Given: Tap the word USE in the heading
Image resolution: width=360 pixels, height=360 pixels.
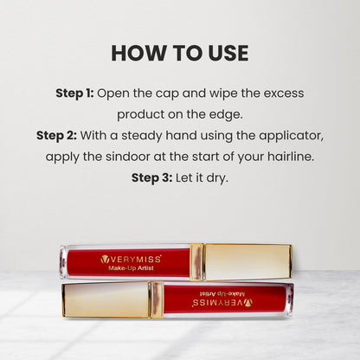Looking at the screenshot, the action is pos(228,53).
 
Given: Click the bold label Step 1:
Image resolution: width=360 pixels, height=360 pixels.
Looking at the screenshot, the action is pos(74,93).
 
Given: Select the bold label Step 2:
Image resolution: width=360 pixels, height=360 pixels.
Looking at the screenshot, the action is pos(56,136).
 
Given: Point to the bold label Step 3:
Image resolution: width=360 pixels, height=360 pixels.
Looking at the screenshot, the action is pos(152,177).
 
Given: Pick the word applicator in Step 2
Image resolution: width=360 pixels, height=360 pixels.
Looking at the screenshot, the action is pos(291,136).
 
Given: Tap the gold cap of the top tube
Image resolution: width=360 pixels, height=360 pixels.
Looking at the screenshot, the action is pos(247,262).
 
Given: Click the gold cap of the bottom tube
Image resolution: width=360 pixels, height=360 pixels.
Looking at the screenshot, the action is pos(106,300).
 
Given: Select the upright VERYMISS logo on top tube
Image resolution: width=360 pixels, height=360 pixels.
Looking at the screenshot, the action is pos(131,260).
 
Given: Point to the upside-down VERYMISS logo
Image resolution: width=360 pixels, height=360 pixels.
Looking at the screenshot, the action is pos(222,303).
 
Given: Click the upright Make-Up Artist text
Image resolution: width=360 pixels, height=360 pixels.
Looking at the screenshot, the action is pos(131,268).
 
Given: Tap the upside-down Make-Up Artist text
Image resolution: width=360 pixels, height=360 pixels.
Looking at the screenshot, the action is pos(222,294).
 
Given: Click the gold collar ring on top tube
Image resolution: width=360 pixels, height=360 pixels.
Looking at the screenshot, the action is pos(197,262).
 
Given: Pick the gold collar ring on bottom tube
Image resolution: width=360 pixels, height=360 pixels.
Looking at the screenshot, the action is pos(156,300).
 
